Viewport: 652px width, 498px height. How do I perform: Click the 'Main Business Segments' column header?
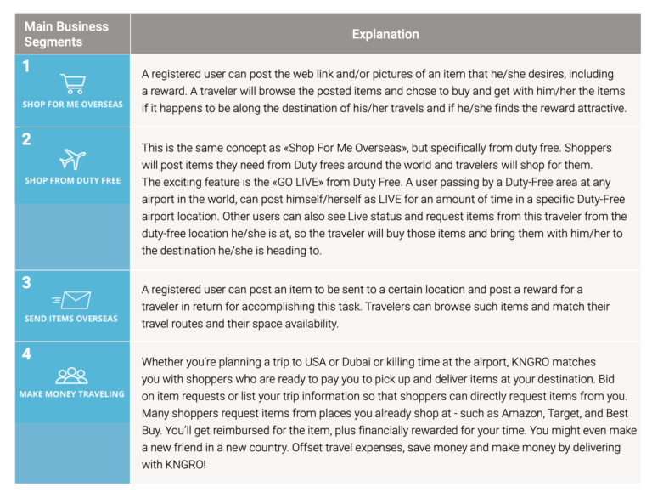pyautogui.click(x=66, y=34)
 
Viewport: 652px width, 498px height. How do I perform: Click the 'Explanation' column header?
pyautogui.click(x=385, y=35)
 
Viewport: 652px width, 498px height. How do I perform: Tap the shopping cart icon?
pyautogui.click(x=72, y=83)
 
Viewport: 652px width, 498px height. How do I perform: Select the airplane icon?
pyautogui.click(x=72, y=159)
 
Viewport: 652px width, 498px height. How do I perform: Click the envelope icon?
pyautogui.click(x=72, y=299)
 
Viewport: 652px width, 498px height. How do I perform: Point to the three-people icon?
pyautogui.click(x=72, y=375)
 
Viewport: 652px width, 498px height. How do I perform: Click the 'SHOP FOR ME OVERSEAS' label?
pyautogui.click(x=72, y=105)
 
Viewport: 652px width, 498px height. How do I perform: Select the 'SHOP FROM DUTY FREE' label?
pyautogui.click(x=72, y=180)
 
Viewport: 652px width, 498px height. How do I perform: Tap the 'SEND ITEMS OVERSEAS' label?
pyautogui.click(x=72, y=319)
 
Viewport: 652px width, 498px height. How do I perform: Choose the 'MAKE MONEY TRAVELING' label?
pyautogui.click(x=72, y=394)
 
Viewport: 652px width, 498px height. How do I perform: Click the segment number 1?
pyautogui.click(x=27, y=65)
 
